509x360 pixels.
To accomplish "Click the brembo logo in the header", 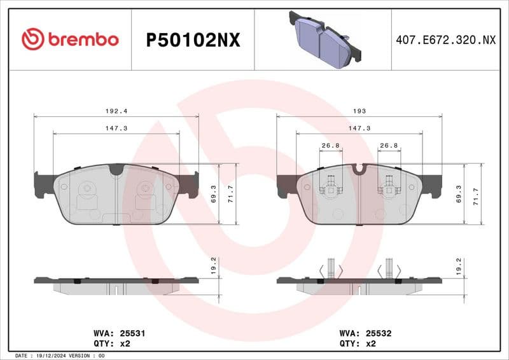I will click(x=70, y=39).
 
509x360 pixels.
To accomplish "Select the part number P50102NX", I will click(x=193, y=40).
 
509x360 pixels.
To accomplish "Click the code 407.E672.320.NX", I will click(x=445, y=40).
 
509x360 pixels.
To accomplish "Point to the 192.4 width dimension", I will click(x=116, y=111).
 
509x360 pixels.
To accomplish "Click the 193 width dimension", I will click(x=359, y=111).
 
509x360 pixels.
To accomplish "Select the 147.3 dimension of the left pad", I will click(x=116, y=128).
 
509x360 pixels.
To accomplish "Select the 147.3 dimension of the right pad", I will click(x=359, y=128).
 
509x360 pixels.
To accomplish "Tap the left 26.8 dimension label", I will click(x=330, y=146).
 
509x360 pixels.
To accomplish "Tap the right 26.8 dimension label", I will click(x=389, y=146).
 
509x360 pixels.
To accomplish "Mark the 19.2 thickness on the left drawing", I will click(x=214, y=264).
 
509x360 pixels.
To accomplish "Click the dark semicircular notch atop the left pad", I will click(x=116, y=169).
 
